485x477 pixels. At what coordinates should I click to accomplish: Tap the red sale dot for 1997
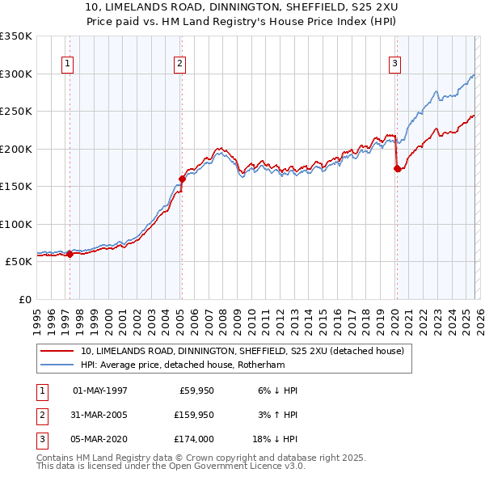click(x=70, y=254)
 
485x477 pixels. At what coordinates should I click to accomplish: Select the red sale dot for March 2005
click(x=182, y=179)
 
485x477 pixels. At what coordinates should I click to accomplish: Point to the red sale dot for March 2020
click(x=397, y=169)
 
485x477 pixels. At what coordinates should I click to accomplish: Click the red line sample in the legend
click(x=57, y=351)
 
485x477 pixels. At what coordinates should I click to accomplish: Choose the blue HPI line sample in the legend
click(x=57, y=365)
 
